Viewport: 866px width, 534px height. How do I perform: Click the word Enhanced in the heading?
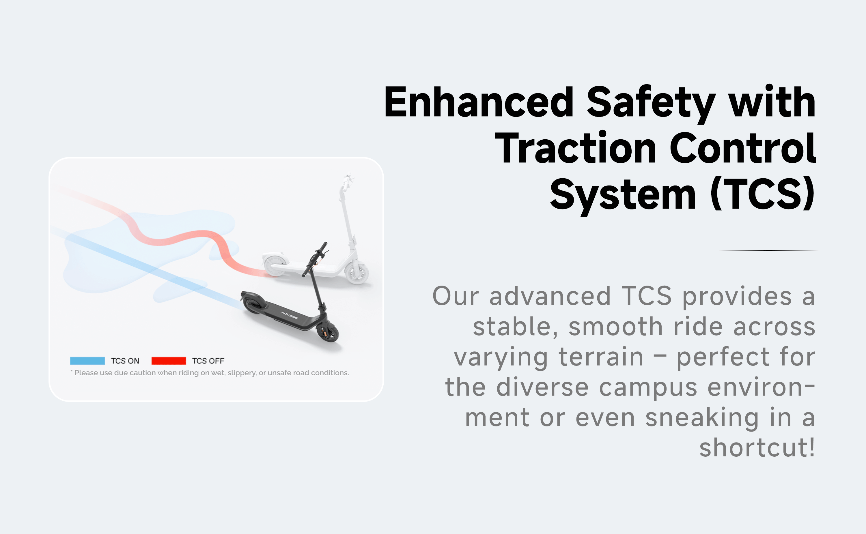(479, 102)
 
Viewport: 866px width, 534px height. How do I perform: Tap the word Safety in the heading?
(651, 104)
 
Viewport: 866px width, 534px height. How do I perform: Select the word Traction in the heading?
(576, 148)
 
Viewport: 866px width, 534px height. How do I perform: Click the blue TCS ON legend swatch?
(88, 361)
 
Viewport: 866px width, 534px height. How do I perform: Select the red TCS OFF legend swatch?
(169, 361)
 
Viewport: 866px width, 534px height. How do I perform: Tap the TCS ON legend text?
(125, 361)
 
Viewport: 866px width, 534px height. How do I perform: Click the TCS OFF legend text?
(208, 361)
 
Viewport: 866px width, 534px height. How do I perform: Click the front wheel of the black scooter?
(328, 333)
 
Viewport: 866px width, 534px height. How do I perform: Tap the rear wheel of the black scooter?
(251, 304)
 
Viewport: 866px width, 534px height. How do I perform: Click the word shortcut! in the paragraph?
(757, 447)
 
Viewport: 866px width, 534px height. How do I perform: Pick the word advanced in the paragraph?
(550, 296)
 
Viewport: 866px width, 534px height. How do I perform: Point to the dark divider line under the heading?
(768, 250)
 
